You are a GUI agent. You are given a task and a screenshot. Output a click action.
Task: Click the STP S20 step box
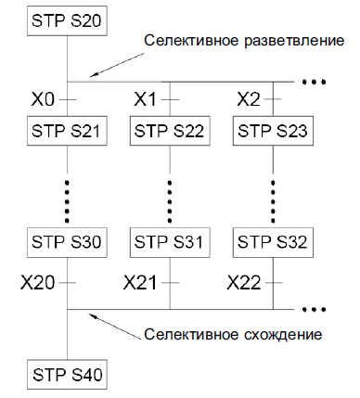67,20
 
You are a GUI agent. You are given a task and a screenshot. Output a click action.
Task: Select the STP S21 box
67,131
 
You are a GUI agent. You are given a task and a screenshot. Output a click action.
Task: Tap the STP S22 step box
170,131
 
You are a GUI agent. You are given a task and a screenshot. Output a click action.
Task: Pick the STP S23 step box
273,131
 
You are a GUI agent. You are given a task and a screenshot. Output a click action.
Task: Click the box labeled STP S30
67,243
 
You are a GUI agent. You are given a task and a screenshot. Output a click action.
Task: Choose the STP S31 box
170,243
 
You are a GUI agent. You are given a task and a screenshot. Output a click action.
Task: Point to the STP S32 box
273,243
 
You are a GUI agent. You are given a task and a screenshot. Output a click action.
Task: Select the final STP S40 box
67,375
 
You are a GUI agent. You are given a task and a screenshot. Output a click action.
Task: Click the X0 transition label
43,99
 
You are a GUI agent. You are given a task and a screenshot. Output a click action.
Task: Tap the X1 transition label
145,99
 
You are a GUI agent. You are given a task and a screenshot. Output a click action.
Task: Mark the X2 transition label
249,99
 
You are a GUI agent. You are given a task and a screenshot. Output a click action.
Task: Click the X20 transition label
37,283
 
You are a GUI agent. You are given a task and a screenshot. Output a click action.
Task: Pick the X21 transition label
140,283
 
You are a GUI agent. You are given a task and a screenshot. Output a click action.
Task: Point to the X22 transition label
244,283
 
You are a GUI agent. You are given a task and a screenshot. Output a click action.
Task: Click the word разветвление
294,41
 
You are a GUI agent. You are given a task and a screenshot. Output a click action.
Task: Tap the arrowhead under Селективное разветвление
94,75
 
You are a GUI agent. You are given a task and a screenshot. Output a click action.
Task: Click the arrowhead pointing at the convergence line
93,315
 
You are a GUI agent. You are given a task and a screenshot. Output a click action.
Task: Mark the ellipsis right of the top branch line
314,82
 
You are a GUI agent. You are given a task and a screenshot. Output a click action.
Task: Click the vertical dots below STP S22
170,201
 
